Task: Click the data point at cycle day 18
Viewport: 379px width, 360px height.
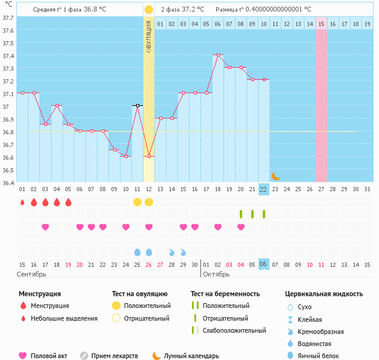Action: point(217,54)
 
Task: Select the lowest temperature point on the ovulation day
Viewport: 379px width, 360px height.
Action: point(149,156)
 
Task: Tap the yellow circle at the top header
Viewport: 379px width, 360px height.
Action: point(149,10)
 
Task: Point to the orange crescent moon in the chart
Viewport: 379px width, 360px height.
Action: point(275,175)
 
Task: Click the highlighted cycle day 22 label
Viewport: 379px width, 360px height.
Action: point(263,189)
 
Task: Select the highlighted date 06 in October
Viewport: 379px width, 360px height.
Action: point(263,264)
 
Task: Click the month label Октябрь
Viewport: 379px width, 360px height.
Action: point(217,274)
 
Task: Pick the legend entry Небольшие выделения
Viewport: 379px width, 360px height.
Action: point(64,318)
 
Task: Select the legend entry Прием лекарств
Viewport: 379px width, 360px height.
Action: point(114,356)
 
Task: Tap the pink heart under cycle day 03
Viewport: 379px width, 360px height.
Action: point(45,227)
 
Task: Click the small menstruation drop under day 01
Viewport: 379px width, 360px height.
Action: point(22,202)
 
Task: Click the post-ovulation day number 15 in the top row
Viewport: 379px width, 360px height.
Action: point(321,24)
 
